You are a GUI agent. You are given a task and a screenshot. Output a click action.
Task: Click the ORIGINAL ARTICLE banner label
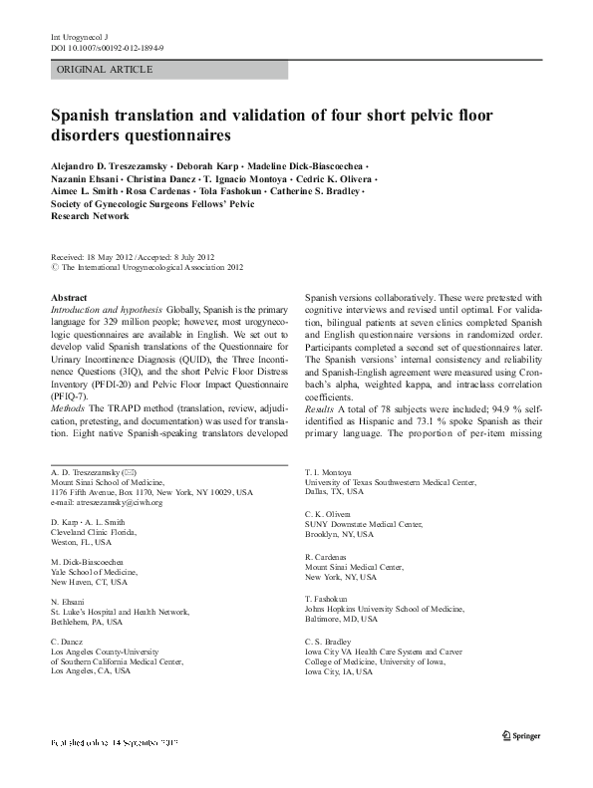coord(105,70)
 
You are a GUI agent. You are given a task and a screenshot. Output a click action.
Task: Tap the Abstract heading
coord(69,298)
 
